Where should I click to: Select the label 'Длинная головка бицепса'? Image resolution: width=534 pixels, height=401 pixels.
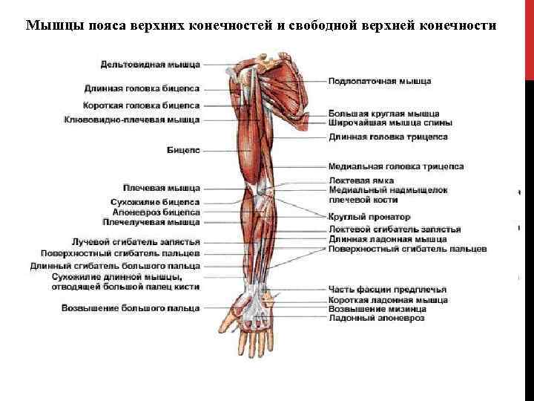(142, 86)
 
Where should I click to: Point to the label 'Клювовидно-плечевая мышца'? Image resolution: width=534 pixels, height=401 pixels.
(132, 119)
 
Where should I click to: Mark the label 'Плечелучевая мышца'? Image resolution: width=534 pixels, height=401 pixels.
(151, 221)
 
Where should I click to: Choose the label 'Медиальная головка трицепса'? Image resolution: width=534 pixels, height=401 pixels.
(396, 166)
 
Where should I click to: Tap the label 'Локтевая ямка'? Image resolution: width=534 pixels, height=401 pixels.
(361, 180)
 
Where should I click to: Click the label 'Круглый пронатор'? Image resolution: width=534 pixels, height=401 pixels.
(369, 217)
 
